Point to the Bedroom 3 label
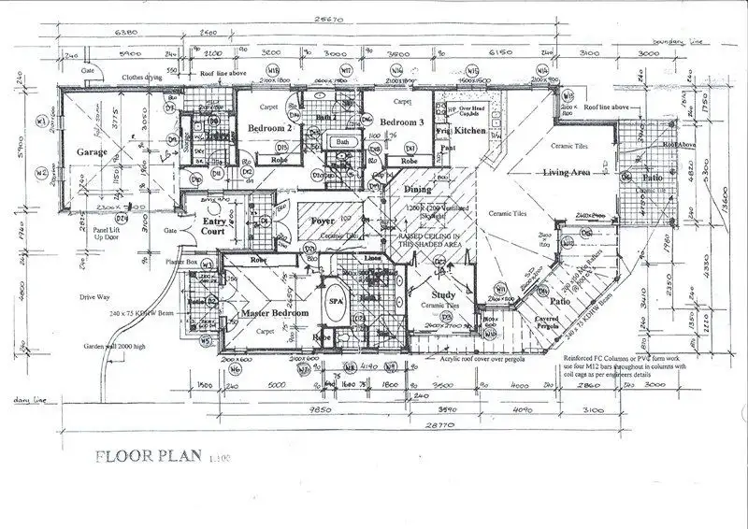click(x=402, y=122)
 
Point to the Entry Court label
click(x=216, y=226)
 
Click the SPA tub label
click(x=336, y=304)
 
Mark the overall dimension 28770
click(x=397, y=425)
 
